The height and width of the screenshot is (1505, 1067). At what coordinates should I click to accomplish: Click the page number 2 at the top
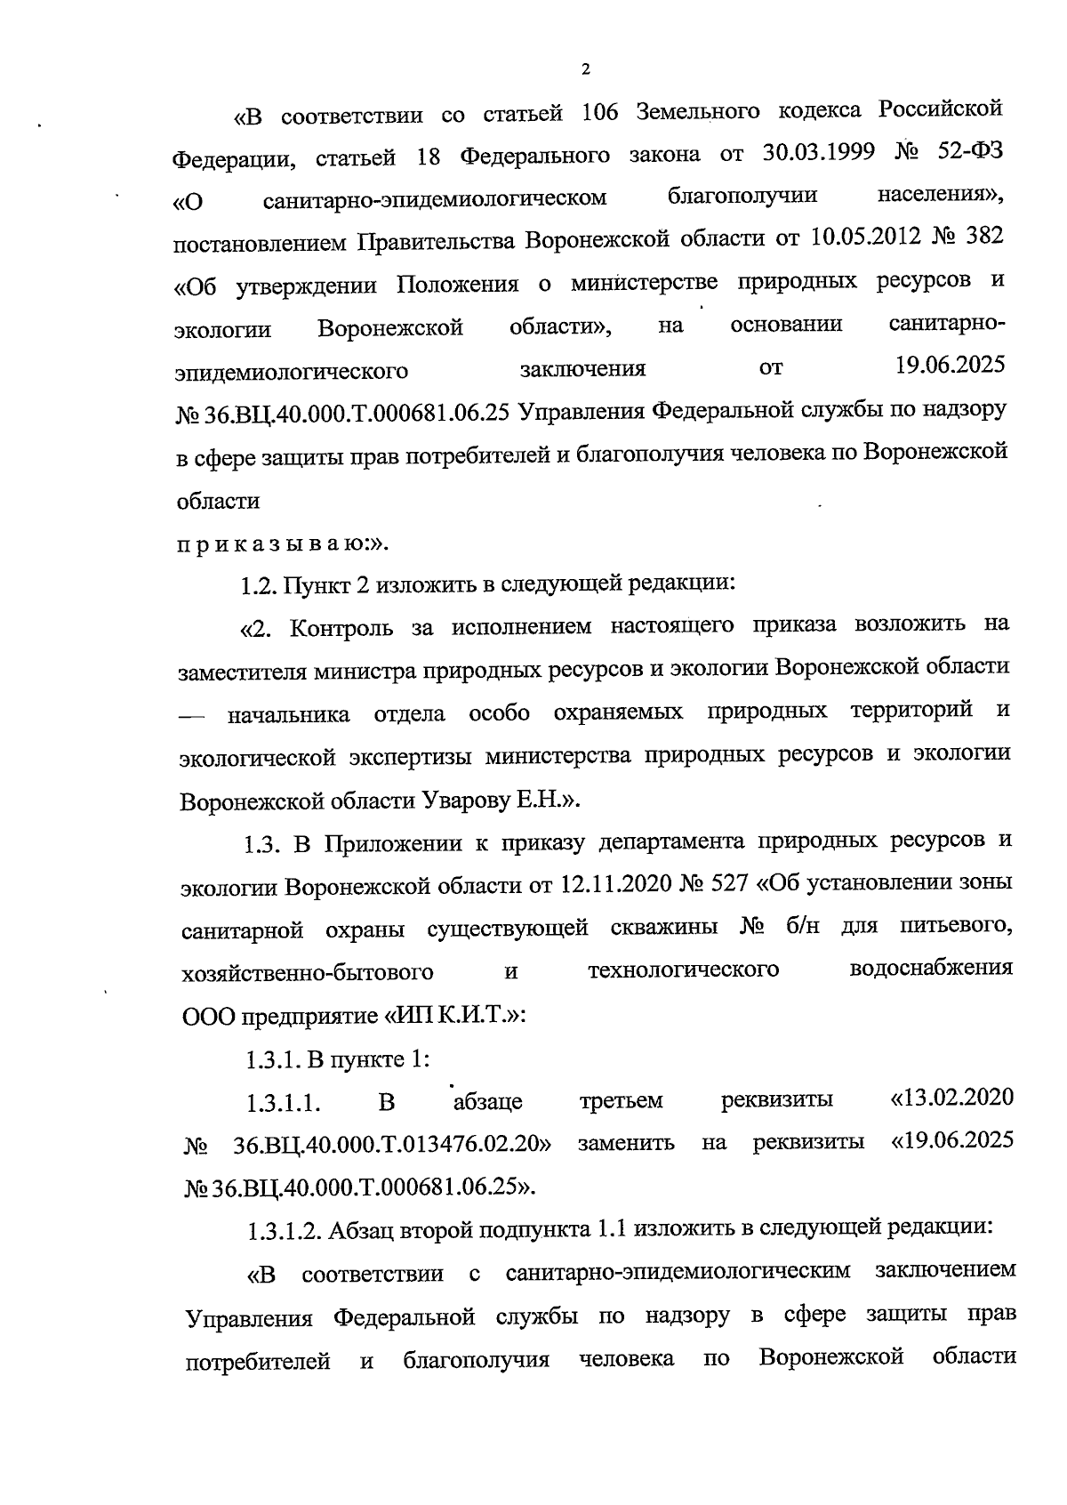click(585, 70)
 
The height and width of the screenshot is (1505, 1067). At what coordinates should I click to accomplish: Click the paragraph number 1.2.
click(260, 584)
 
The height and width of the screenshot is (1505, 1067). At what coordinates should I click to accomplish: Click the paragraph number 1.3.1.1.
click(283, 1103)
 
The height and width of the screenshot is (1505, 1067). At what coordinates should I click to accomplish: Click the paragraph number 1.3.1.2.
click(283, 1231)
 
